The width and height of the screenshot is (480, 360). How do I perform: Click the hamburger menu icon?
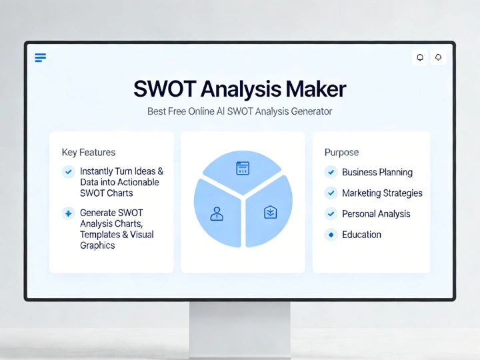40,58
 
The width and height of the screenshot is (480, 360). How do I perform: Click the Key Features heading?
88,152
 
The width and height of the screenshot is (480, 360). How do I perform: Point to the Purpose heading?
341,152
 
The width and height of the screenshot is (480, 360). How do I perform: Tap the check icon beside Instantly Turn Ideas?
67,172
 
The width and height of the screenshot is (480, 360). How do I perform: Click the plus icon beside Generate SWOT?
67,213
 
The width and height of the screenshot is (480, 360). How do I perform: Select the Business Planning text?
377,172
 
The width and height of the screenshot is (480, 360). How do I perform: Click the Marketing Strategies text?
382,193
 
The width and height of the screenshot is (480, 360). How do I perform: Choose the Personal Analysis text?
376,214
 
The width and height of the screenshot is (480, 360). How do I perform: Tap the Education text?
361,235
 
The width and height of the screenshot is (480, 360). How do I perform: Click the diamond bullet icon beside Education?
331,235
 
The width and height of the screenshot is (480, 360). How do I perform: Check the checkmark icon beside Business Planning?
331,172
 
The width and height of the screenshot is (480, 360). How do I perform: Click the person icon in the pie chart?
216,213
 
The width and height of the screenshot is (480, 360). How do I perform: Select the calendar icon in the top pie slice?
243,168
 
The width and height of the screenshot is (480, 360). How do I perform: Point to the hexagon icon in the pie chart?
270,213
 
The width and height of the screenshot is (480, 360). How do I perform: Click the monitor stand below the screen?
240,327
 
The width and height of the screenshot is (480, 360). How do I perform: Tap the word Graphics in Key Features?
97,245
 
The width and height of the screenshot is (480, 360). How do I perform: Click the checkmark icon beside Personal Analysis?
331,214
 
